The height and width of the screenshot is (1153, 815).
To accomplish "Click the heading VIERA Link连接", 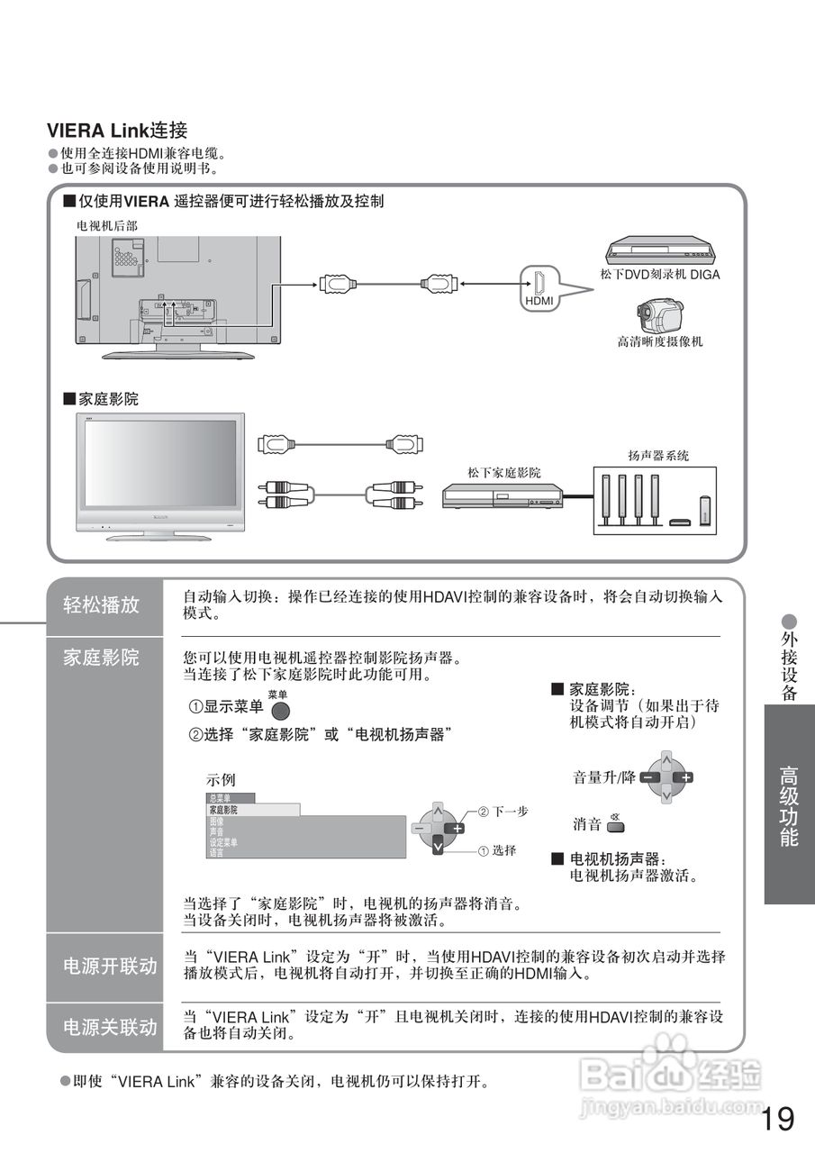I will coord(117,132).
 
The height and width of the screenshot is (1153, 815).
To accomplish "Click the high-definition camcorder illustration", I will coord(660,313).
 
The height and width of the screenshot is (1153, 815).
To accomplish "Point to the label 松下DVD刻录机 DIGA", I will coord(660,275).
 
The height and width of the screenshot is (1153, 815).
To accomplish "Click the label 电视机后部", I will coord(107,225).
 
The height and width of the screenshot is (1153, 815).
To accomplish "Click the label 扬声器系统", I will coord(658,456).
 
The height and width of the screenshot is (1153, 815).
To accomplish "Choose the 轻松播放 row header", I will coord(102,605).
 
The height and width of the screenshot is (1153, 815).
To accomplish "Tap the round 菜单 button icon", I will coord(281,710).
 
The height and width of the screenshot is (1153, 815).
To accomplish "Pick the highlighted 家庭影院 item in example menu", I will coord(253,810).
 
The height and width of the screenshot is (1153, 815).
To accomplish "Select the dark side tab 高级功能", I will coord(789,804).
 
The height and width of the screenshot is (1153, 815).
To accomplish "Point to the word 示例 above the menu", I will coord(221,780).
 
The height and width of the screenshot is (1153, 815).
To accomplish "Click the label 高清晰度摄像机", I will coord(660,342).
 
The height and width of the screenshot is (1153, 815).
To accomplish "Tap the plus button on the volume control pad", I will coord(685,776).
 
